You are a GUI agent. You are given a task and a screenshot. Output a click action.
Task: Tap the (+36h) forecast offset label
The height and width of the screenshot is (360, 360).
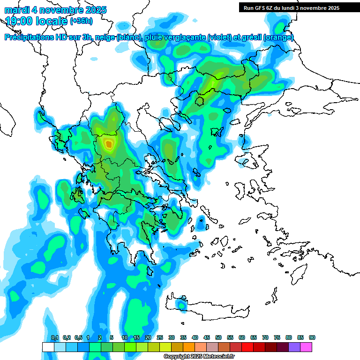[x=81, y=21]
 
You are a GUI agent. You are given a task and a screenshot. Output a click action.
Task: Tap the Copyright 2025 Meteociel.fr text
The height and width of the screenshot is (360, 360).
[x=199, y=357]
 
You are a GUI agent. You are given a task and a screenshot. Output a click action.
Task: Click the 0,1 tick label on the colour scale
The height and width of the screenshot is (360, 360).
[x=55, y=338]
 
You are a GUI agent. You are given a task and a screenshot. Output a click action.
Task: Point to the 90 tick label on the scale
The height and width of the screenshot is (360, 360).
[x=312, y=338]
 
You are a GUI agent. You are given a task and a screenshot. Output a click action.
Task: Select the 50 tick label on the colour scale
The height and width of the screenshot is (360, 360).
[x=218, y=338]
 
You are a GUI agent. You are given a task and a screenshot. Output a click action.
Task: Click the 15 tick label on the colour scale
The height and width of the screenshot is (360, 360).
[x=136, y=338]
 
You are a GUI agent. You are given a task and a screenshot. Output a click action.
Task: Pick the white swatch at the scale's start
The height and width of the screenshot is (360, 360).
[x=48, y=347]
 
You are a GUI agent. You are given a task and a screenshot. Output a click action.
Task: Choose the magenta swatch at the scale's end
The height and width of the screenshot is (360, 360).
[x=306, y=347]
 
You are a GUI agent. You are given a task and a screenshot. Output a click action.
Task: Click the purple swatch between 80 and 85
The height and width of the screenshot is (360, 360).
[x=294, y=347]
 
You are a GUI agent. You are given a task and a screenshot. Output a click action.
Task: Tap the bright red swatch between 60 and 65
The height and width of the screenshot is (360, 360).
[x=247, y=347]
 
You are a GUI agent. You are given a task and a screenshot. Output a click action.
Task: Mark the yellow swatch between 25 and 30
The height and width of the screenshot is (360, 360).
[x=165, y=347]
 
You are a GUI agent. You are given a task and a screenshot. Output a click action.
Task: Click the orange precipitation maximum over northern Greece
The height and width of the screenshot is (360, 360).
[x=109, y=144]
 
